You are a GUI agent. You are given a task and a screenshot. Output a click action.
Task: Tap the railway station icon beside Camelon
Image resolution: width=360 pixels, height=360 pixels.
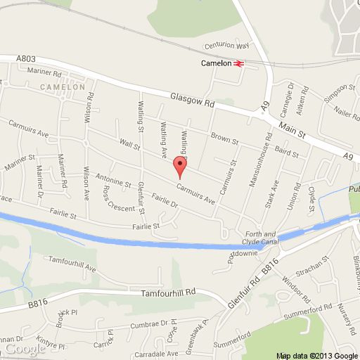[x=239, y=63]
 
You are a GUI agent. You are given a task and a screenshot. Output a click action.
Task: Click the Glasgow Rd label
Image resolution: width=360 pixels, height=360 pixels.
[x=191, y=101]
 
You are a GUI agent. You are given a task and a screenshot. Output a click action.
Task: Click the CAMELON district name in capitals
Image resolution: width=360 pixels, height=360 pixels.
[x=66, y=86]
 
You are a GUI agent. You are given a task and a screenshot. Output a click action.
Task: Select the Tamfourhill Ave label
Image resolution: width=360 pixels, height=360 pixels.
[x=70, y=265]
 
